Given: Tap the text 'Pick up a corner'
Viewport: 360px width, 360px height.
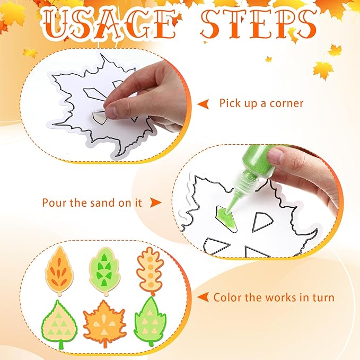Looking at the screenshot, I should (261, 103).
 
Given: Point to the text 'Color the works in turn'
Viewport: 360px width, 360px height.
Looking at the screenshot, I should (274, 297).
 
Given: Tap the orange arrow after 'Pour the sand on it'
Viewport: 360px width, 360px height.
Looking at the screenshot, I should (154, 203).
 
